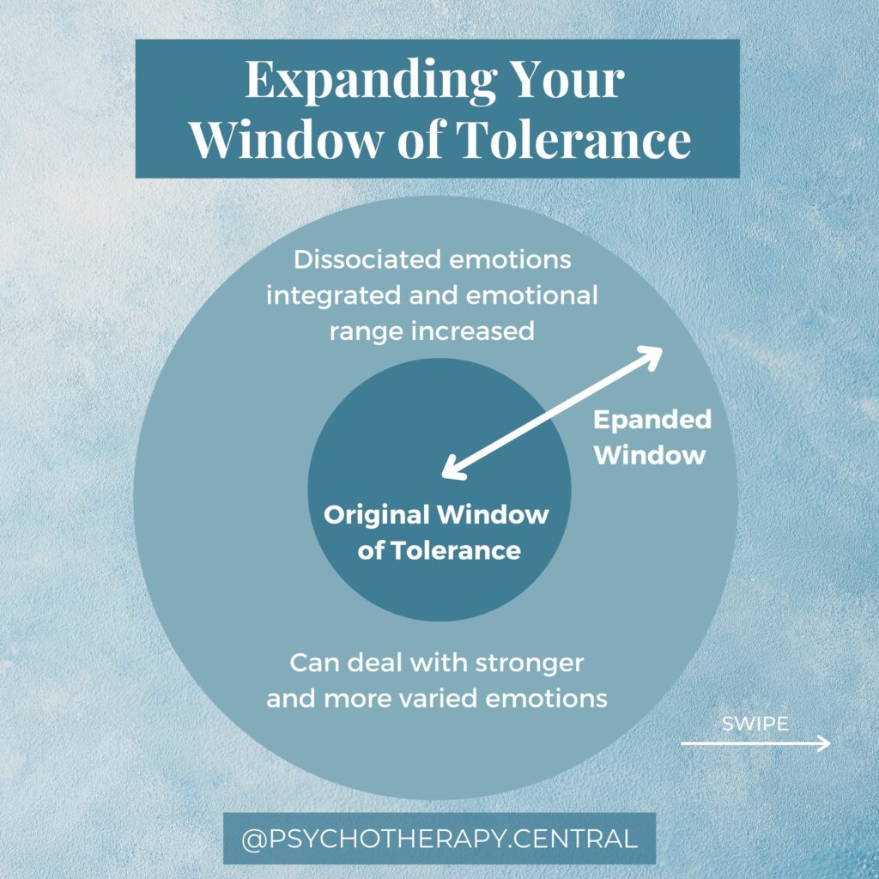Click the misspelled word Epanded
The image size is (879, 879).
click(652, 420)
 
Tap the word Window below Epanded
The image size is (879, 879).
click(650, 454)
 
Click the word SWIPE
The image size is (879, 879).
click(755, 724)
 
